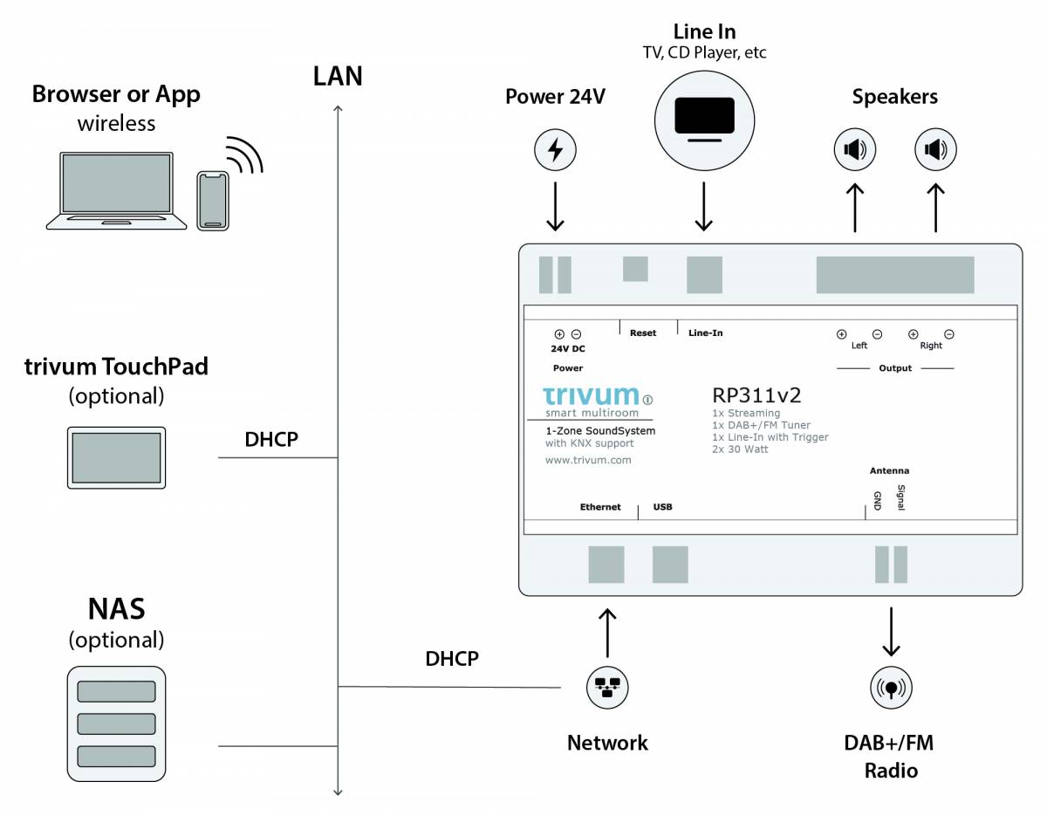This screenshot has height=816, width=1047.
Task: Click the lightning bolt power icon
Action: pos(555,151)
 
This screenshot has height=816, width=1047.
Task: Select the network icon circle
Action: pos(607,686)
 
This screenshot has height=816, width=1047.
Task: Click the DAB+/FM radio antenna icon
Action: pos(891,687)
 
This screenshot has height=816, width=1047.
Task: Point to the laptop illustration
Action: pos(115,191)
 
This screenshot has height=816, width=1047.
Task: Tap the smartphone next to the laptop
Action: pos(213,200)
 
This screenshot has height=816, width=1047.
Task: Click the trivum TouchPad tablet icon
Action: pos(116,457)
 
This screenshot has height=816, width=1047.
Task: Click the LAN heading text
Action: pos(338,76)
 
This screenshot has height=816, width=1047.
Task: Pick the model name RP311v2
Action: pos(756,394)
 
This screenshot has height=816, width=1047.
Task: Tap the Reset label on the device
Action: pos(643,333)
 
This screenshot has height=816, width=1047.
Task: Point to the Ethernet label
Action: pos(600,506)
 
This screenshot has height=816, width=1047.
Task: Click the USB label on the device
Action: pos(663,506)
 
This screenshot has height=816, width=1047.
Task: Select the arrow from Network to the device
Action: pos(607,632)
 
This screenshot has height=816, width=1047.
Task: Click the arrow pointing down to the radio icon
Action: pos(891,631)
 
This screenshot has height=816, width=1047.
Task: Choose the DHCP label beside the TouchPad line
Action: pos(271,439)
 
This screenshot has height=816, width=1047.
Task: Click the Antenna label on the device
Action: pos(889,471)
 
